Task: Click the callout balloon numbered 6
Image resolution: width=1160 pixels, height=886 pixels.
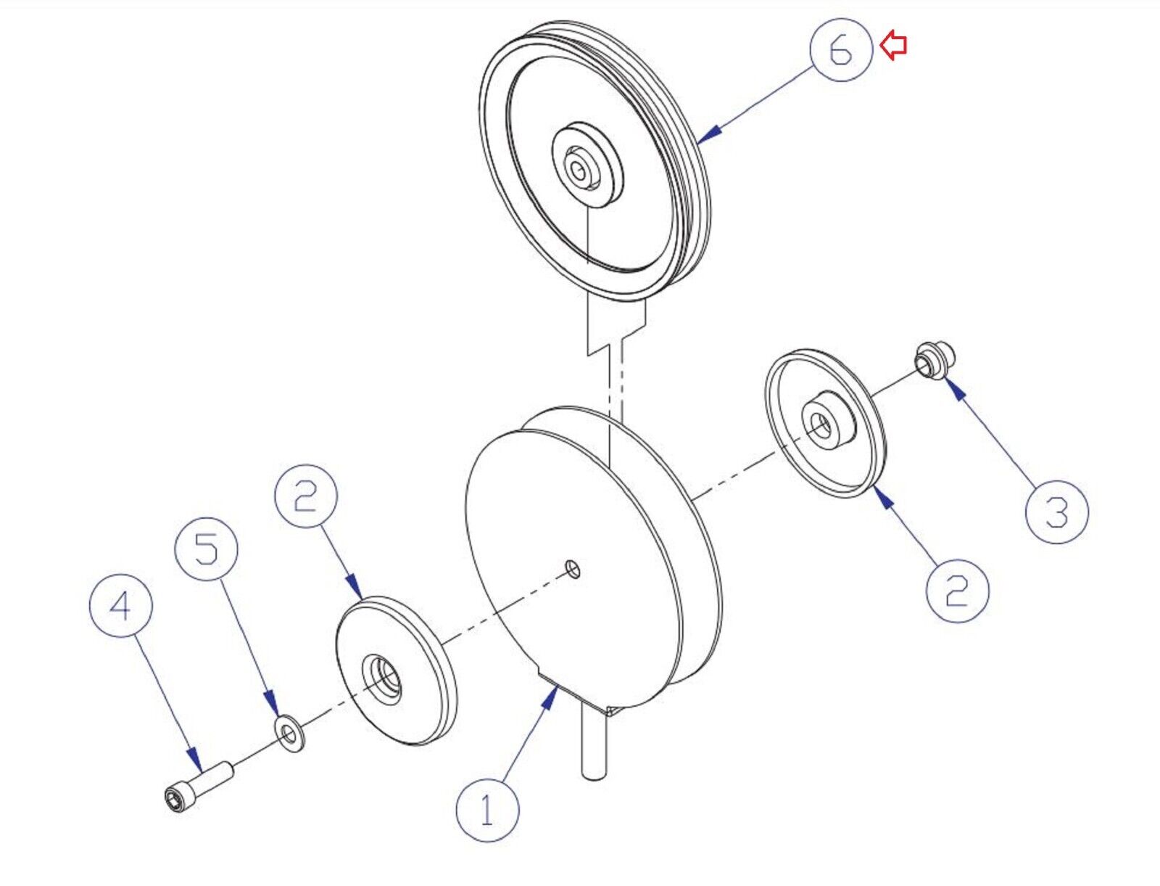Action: [841, 49]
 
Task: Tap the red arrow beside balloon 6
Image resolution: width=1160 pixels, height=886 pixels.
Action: [894, 46]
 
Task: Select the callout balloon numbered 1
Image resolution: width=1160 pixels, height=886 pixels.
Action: [487, 810]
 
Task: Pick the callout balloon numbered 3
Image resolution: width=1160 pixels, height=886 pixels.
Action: [1056, 512]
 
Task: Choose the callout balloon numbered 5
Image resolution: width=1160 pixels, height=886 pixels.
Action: [207, 549]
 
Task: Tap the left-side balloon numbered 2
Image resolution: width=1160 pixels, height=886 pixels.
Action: [306, 496]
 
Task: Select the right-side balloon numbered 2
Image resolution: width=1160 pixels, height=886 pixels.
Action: [957, 589]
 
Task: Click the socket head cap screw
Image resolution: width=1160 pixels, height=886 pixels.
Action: [196, 786]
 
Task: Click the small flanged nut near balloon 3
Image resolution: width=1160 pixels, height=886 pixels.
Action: [934, 359]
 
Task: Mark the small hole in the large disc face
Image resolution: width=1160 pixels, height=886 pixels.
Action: [573, 567]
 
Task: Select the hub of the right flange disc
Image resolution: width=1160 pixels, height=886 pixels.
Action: [826, 422]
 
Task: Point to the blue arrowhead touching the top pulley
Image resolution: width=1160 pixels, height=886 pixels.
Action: [713, 131]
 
